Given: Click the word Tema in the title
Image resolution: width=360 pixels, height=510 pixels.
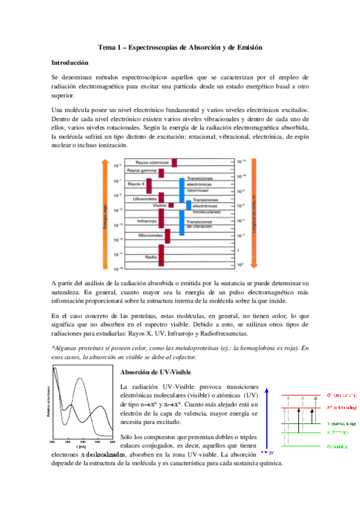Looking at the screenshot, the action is (106, 47).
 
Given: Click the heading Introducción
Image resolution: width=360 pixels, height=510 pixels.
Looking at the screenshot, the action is (70, 63).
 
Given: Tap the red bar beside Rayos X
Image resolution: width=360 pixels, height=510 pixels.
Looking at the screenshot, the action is (148, 185).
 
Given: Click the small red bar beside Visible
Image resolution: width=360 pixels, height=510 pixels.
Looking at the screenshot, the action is (171, 206).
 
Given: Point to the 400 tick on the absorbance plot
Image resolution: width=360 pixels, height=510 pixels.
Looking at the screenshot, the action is (112, 442).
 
